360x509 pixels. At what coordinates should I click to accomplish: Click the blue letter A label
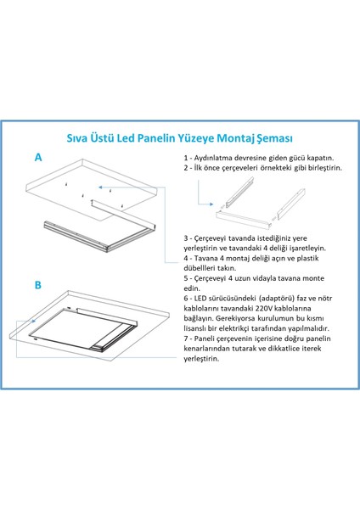click(38, 158)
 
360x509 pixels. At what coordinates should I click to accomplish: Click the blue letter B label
click(38, 285)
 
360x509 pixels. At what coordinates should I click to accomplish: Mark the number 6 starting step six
click(185, 299)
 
